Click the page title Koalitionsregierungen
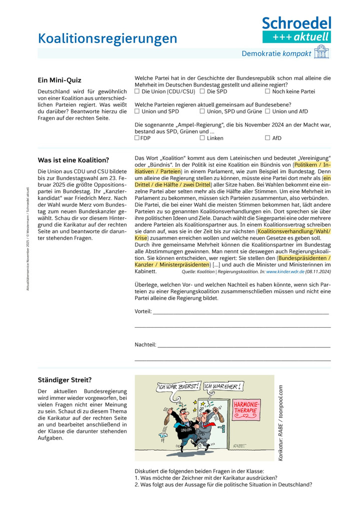(107, 39)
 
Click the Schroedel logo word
(296, 23)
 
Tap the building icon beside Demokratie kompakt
(321, 53)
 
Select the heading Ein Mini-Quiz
(59, 80)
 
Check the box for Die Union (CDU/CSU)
(137, 92)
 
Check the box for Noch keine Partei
(268, 92)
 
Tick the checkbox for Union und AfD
(268, 112)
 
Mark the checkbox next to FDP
(137, 138)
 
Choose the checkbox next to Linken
(202, 138)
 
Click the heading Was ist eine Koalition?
(73, 160)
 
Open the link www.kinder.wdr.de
(285, 272)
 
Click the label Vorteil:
(143, 311)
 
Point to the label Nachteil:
(145, 345)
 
